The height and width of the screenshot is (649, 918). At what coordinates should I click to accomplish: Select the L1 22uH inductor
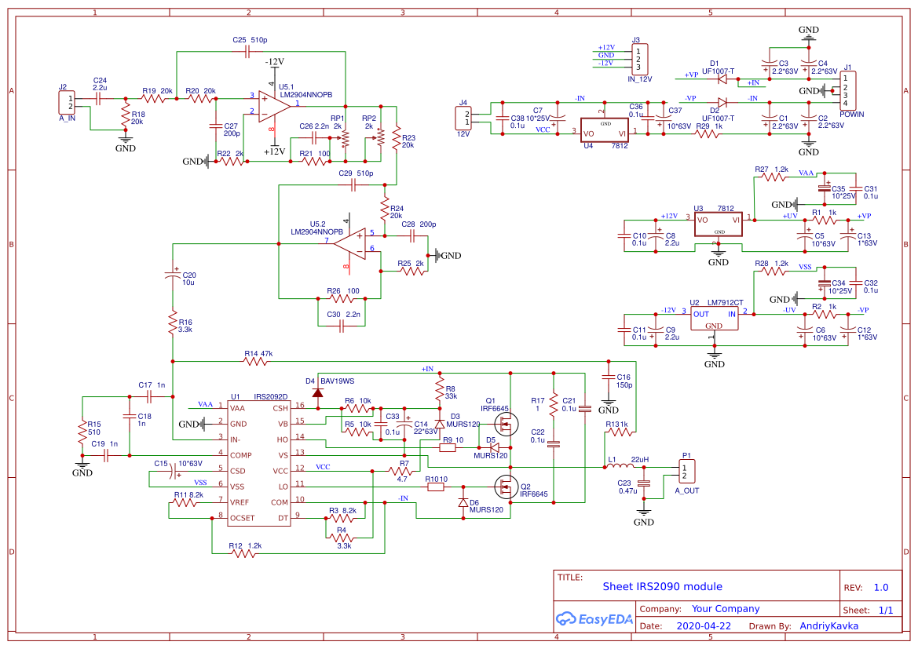click(620, 469)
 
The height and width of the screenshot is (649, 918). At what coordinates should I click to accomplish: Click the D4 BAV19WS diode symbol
click(318, 392)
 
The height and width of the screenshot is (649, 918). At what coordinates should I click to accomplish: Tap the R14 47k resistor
click(259, 361)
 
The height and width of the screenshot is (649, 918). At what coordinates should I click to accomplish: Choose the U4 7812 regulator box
click(605, 131)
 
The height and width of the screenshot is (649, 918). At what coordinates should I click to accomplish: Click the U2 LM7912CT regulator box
click(714, 319)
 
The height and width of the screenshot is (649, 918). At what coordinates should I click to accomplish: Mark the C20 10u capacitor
click(173, 275)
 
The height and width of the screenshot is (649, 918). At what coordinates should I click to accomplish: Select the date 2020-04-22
click(704, 626)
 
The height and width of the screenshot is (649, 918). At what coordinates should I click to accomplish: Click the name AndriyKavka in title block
click(828, 626)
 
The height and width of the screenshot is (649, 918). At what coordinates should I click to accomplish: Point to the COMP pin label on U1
click(240, 455)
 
